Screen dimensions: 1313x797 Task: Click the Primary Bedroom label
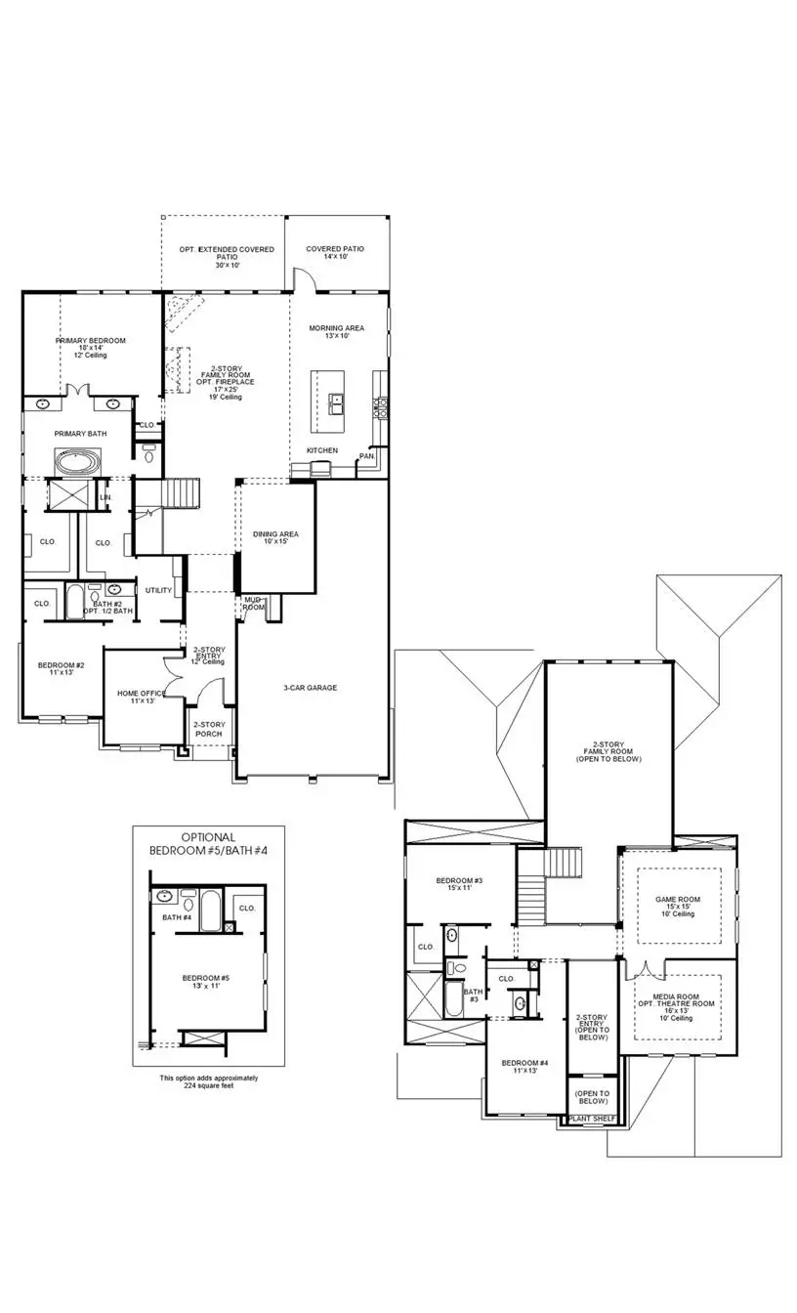(90, 341)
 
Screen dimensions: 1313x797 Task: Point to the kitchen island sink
(336, 400)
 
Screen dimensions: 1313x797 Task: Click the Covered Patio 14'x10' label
(335, 250)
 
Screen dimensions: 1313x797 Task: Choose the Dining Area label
(275, 534)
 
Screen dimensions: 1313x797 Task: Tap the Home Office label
(137, 694)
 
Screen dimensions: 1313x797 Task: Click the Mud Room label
(254, 603)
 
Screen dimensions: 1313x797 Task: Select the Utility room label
(158, 590)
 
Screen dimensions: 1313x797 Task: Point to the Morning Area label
(336, 328)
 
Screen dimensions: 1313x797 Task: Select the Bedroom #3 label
(459, 881)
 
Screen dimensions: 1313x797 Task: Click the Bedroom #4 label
(520, 1063)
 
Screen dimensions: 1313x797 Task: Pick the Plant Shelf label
(593, 1118)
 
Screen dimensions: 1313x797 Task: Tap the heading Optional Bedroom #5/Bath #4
(208, 844)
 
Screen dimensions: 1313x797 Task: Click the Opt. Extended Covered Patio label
(227, 250)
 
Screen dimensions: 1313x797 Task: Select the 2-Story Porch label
(208, 729)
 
